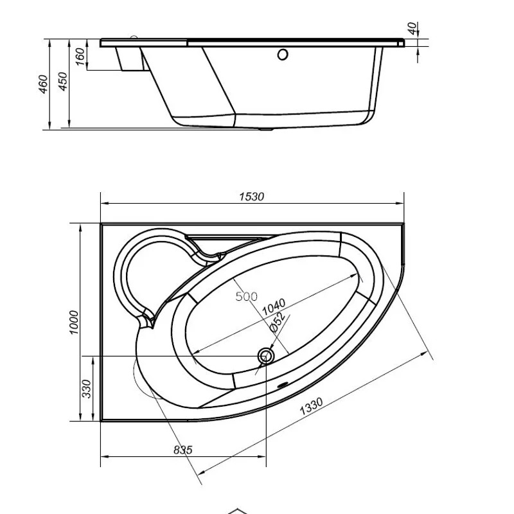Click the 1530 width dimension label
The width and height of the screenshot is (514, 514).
[x=251, y=197]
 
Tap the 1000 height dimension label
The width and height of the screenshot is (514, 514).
[x=75, y=323]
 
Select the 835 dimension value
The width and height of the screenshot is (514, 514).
[x=182, y=450]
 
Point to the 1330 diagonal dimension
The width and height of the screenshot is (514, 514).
[x=311, y=406]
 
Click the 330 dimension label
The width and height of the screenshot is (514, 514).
[x=87, y=389]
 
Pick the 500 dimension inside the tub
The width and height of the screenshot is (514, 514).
[x=247, y=297]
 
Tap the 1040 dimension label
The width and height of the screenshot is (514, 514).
[x=274, y=307]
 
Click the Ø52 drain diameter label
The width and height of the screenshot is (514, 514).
[x=277, y=323]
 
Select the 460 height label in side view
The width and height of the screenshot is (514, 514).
[x=44, y=84]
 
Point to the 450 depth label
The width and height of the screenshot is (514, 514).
[x=63, y=82]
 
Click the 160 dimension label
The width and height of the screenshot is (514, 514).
[x=80, y=57]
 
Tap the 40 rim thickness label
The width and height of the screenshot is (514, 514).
[x=413, y=28]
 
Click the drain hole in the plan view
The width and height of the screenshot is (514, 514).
[x=265, y=356]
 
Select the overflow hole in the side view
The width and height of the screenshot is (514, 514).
[x=283, y=55]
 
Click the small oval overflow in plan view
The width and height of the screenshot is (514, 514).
[x=282, y=385]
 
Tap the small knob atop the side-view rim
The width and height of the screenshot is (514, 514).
[x=134, y=37]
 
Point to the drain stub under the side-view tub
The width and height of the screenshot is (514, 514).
[x=266, y=130]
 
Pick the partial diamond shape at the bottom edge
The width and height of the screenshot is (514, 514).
[x=237, y=511]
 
